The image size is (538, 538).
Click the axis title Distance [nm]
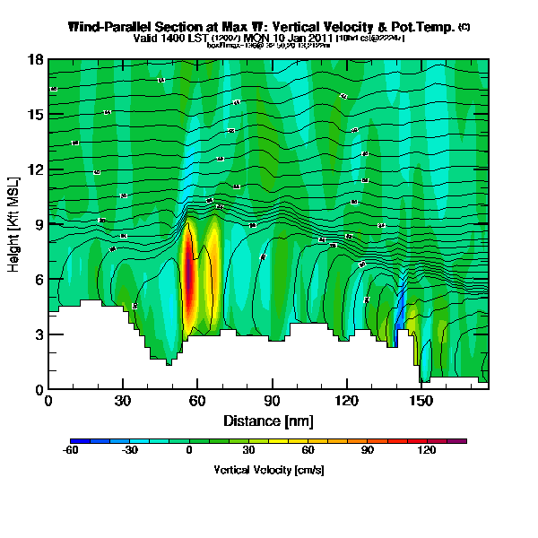tap(268, 421)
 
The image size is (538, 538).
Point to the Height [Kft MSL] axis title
tap(15, 224)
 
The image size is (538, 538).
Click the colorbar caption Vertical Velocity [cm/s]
tap(269, 470)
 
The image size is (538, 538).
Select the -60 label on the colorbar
tap(70, 451)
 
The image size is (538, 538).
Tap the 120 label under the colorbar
tap(427, 451)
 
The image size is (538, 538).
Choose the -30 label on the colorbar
tap(129, 451)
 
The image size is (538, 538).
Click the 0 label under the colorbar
tap(189, 451)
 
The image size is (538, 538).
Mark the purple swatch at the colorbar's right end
tap(461, 441)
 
